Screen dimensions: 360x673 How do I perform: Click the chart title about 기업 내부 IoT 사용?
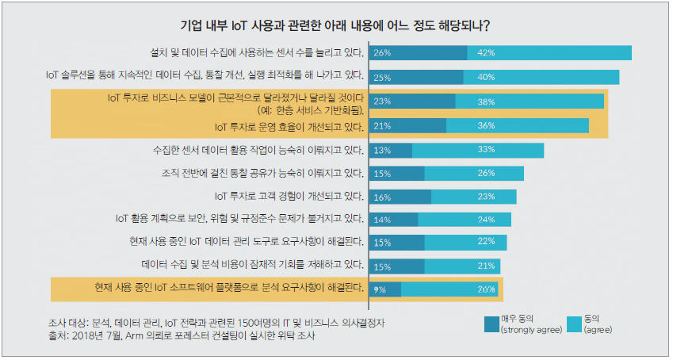(x=336, y=25)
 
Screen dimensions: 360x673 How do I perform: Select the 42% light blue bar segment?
(x=549, y=53)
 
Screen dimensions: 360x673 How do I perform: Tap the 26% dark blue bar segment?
(x=419, y=53)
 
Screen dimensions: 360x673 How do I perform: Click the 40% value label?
(x=487, y=77)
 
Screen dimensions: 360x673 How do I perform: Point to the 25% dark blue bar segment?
(x=416, y=77)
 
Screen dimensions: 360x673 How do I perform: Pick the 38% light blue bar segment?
(x=530, y=101)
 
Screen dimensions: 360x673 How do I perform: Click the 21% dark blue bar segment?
(x=407, y=126)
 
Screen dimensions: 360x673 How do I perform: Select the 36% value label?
(x=487, y=126)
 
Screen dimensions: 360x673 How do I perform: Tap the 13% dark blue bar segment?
(x=391, y=150)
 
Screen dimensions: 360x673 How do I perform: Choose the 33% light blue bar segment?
(x=478, y=150)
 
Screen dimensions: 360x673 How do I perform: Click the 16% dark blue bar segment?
(x=400, y=196)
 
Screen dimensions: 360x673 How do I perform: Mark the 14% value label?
(x=383, y=220)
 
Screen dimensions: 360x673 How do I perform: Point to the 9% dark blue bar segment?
(x=384, y=289)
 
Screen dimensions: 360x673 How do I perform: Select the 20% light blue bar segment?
(x=449, y=289)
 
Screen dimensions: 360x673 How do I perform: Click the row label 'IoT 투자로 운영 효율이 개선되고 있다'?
(x=289, y=126)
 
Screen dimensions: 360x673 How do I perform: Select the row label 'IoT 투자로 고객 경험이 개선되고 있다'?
(x=289, y=196)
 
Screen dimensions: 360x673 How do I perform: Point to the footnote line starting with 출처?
(x=194, y=336)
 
